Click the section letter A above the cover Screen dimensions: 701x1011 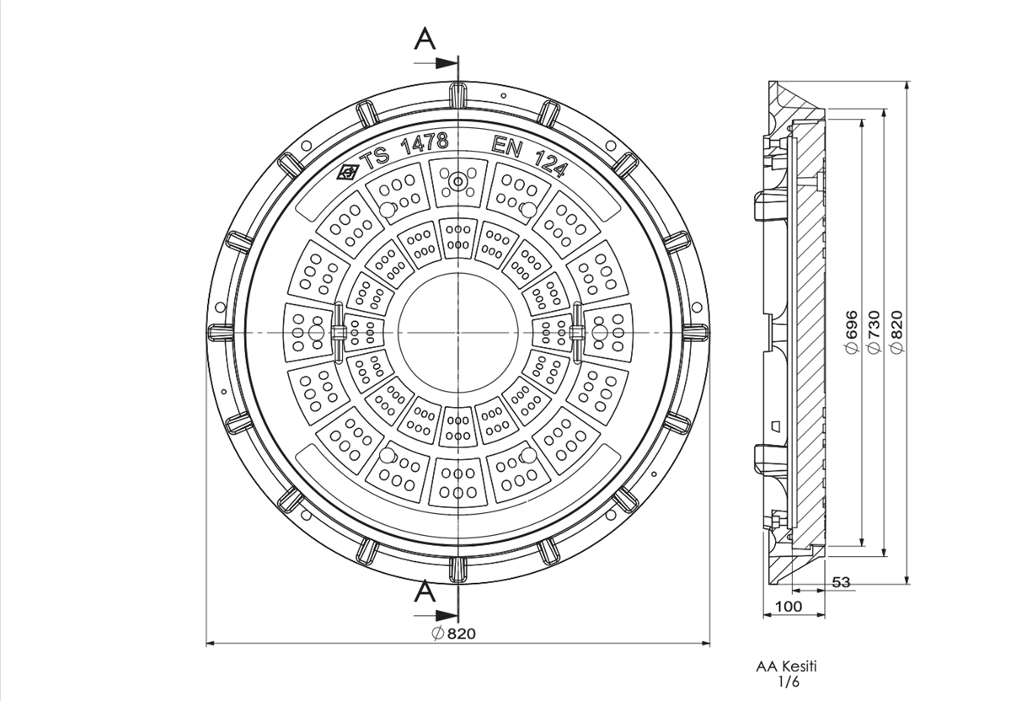tap(426, 39)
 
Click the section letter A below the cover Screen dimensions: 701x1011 tap(426, 591)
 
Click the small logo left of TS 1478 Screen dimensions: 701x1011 tap(346, 173)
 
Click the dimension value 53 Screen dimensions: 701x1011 tap(840, 582)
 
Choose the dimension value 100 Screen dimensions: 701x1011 tap(789, 607)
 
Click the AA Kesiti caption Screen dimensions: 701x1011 tap(786, 666)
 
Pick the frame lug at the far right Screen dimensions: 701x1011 tap(696, 331)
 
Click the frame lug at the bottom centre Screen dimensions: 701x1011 tap(457, 570)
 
